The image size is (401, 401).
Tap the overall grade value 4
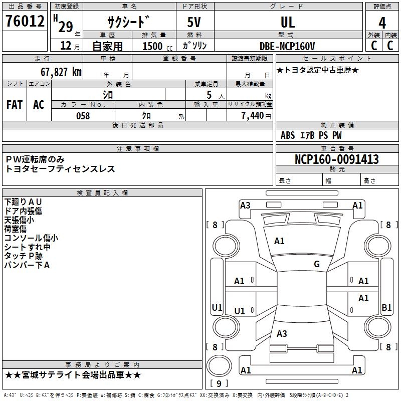pos(382,23)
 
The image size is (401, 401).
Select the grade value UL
pos(288,22)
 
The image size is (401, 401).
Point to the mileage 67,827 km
pos(59,72)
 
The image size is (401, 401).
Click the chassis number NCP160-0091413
pos(337,159)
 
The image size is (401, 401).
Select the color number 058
pos(83,115)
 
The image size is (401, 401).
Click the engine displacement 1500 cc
pos(153,46)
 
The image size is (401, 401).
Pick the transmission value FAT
pos(15,104)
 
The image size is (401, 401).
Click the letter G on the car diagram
pos(317,264)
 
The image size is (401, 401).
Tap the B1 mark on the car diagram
pos(386,308)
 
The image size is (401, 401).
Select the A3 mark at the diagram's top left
pos(245,205)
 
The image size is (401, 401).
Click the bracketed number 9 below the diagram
pos(219,384)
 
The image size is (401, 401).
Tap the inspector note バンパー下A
pos(27,265)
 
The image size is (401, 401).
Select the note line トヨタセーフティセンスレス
pos(60,169)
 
